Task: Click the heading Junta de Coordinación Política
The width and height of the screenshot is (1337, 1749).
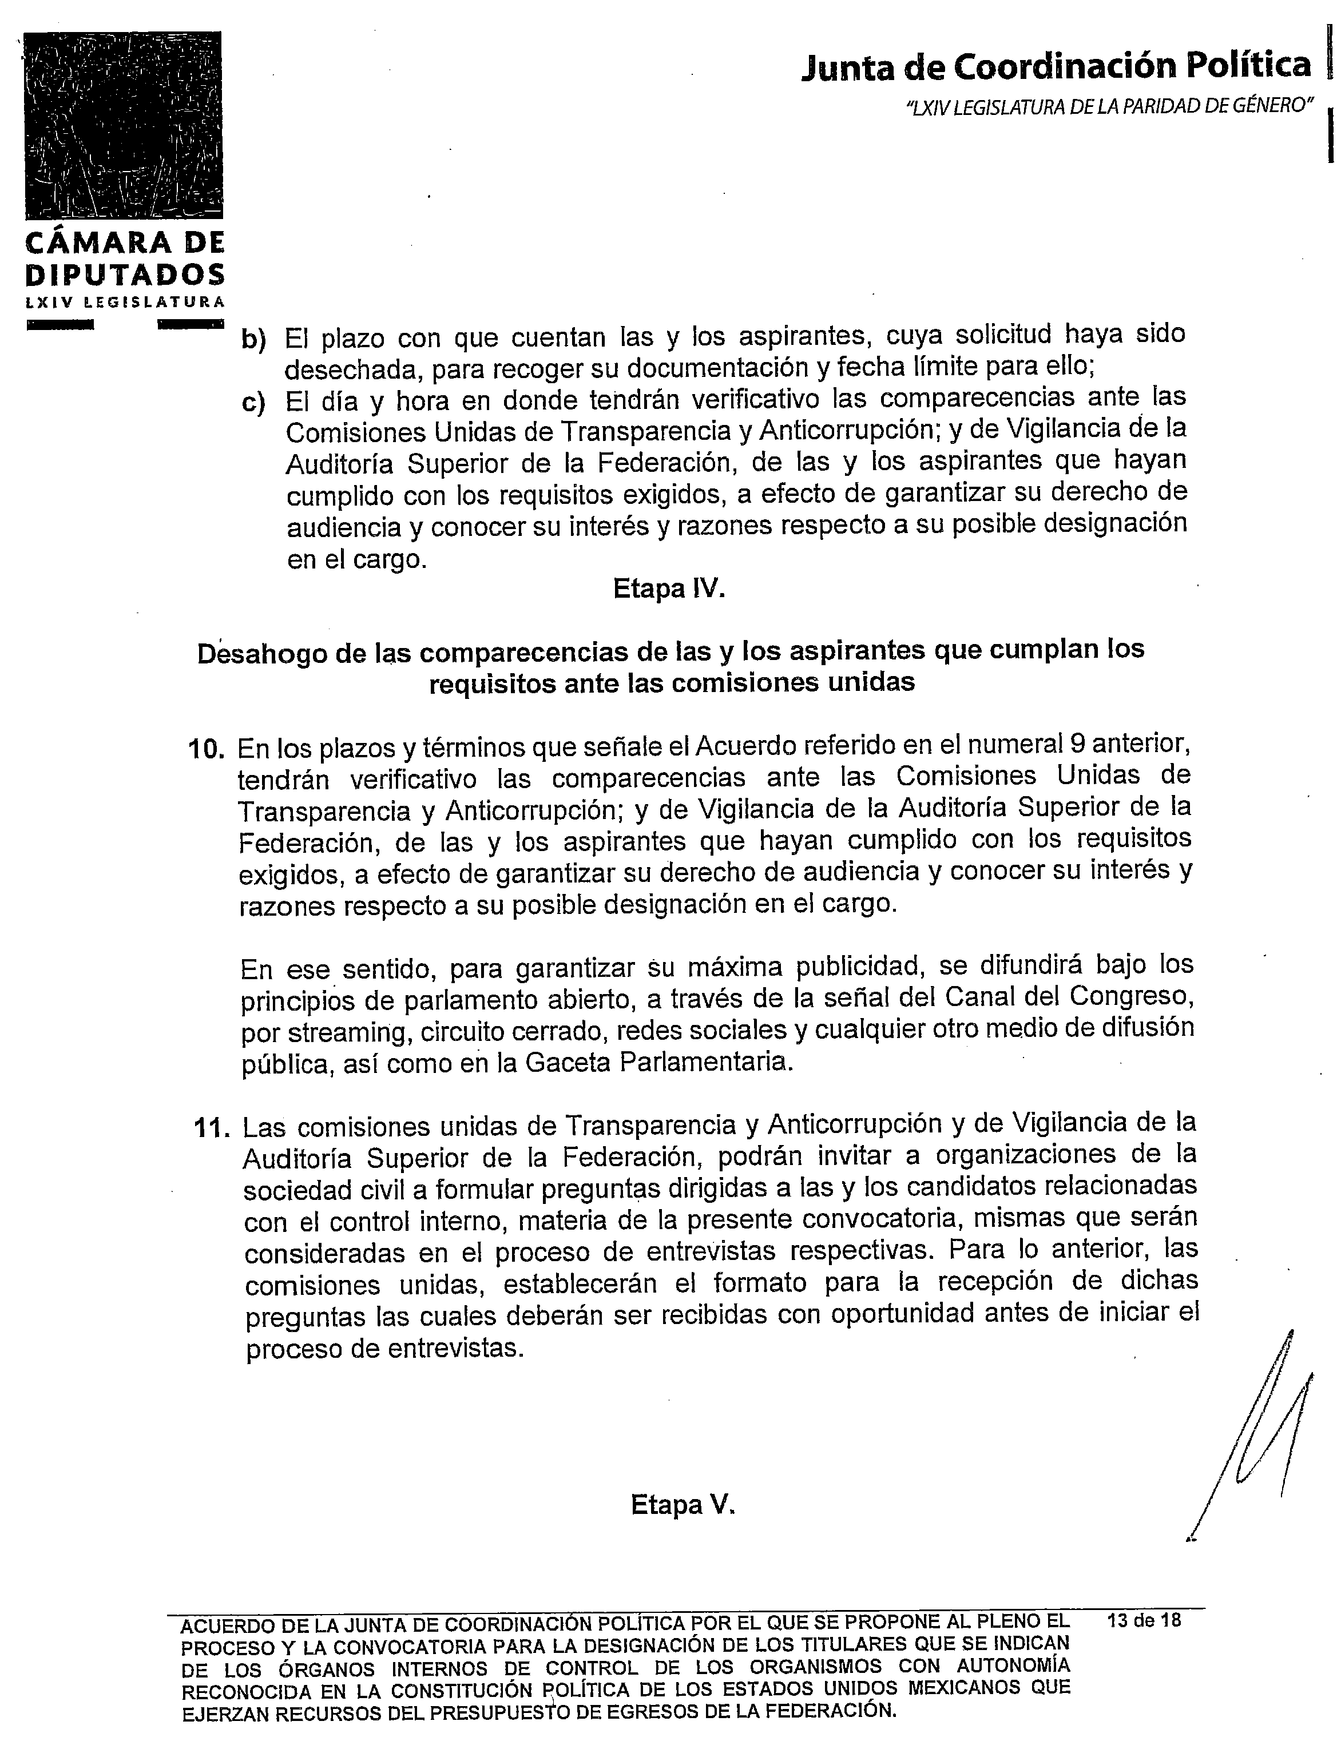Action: [x=1056, y=66]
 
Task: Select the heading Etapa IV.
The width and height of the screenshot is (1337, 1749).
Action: [x=668, y=589]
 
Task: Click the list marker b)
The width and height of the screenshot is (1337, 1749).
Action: [x=253, y=340]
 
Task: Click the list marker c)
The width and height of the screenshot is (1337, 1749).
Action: [x=253, y=403]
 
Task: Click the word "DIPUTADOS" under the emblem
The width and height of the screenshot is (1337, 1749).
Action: [x=125, y=275]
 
